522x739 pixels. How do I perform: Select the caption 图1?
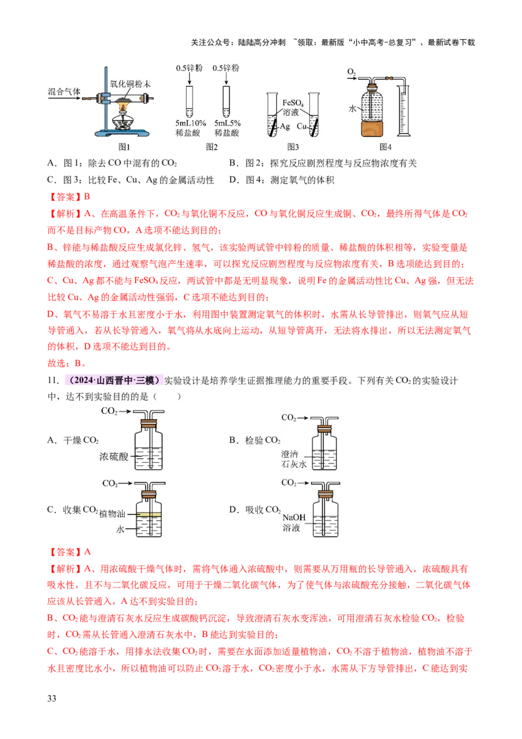tap(124, 147)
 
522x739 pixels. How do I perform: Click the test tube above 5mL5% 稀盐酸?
tap(226, 101)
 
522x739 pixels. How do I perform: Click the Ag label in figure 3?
tap(285, 126)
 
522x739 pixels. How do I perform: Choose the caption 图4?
tap(386, 147)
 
